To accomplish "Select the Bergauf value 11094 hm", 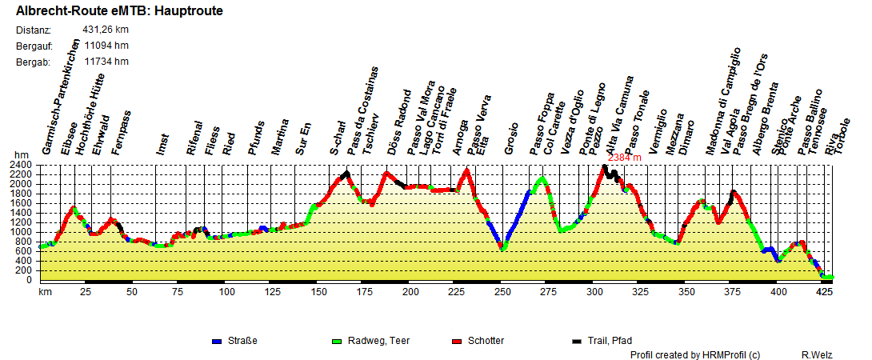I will (x=106, y=46).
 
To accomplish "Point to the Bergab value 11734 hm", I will (x=106, y=62).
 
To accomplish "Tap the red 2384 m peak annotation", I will (x=625, y=158).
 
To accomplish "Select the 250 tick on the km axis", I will (x=502, y=292).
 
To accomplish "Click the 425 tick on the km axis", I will (x=824, y=292).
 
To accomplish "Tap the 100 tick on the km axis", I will (x=227, y=292).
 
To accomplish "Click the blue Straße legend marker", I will (x=216, y=341).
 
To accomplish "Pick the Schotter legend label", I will (x=486, y=341).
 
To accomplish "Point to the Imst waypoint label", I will (x=164, y=144).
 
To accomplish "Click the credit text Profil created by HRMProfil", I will (x=694, y=354).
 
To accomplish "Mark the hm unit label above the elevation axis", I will (x=21, y=155).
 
